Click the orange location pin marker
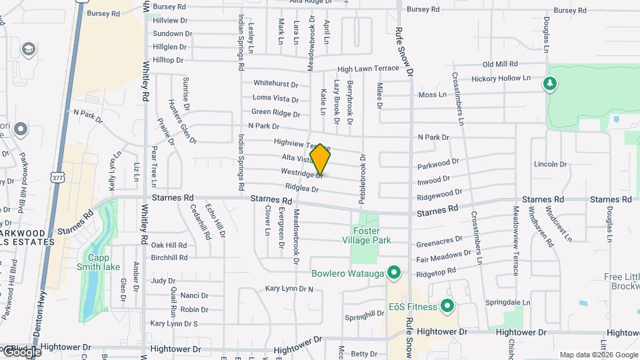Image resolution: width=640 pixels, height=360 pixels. pyautogui.click(x=321, y=160)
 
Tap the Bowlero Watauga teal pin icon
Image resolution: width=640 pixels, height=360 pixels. pyautogui.click(x=394, y=273)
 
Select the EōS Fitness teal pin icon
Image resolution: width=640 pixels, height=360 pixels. pyautogui.click(x=447, y=307)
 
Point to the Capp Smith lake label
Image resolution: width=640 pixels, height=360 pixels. pyautogui.click(x=103, y=262)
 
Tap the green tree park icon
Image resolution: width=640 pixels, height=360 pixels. pyautogui.click(x=550, y=83)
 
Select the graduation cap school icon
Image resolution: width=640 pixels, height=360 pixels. pyautogui.click(x=29, y=49)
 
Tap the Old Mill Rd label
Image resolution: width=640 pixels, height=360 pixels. pyautogui.click(x=500, y=64)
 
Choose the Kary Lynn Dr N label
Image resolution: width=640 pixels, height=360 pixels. pyautogui.click(x=289, y=289)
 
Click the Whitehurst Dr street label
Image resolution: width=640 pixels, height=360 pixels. pyautogui.click(x=275, y=83)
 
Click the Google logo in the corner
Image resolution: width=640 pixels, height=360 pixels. pyautogui.click(x=21, y=351)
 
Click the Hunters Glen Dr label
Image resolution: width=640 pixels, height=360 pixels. pyautogui.click(x=183, y=122)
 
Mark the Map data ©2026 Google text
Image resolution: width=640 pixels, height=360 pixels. pyautogui.click(x=599, y=355)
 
